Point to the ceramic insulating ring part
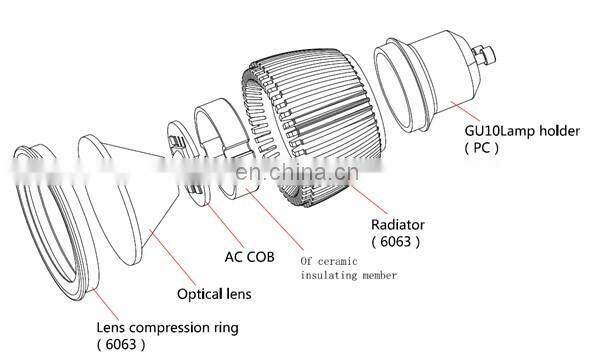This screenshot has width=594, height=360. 225,140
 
